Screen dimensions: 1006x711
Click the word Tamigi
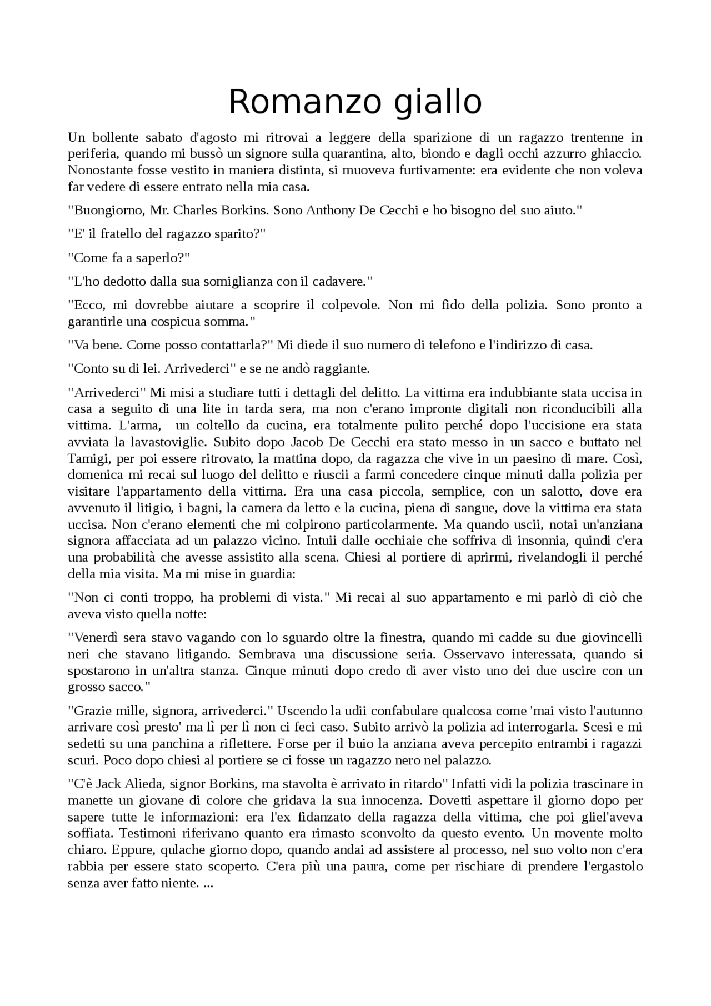tap(84, 459)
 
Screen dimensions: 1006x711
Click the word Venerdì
tap(94, 637)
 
